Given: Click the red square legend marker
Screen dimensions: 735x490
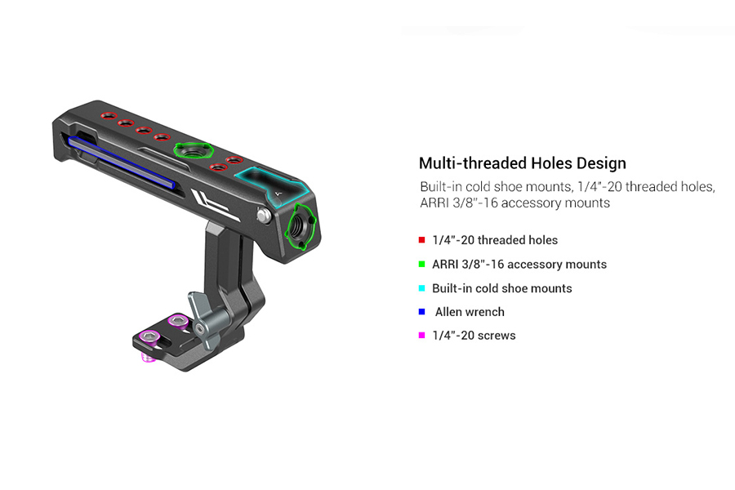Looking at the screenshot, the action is pos(421,240).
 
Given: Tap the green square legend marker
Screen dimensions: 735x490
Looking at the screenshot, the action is pos(421,265).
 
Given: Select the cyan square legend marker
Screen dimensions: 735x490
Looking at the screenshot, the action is pos(421,288).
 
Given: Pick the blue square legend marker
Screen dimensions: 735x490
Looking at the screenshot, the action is pos(421,312).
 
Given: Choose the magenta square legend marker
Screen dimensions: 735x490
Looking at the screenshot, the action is pos(421,336).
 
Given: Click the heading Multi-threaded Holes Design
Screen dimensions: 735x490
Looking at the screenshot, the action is pos(522,163).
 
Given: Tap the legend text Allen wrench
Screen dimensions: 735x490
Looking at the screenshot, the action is pos(470,312).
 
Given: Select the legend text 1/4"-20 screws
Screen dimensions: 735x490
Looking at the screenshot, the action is pos(474,336).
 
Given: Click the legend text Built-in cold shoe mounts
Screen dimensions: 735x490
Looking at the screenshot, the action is pos(502,288).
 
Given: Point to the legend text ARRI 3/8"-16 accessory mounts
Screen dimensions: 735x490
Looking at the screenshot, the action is pos(519,265).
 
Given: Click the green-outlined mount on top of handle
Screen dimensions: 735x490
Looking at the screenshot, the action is pos(194,151).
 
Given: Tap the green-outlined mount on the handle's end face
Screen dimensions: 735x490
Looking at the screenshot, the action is pos(301,226).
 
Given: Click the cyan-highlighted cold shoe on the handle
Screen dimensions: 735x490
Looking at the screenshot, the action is pos(271,185).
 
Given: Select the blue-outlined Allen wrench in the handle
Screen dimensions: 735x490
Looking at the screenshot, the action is pos(121,162).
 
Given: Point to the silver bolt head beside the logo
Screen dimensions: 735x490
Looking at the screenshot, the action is pos(264,216).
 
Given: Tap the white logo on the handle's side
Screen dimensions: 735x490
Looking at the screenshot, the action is pos(214,204).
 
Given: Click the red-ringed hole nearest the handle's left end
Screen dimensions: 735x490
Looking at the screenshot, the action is pos(109,115).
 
